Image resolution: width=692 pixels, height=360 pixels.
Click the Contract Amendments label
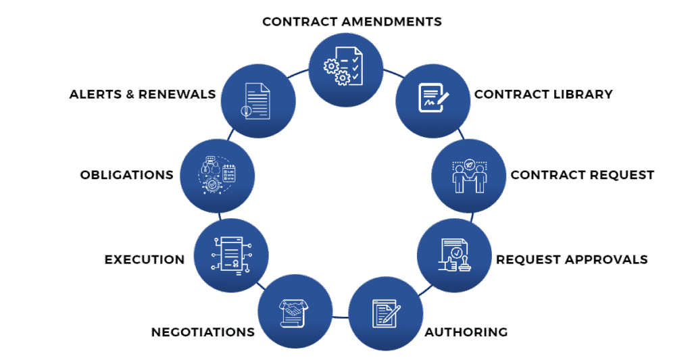click(351, 22)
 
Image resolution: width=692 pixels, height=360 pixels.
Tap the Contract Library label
click(543, 94)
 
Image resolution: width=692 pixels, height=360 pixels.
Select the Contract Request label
click(582, 175)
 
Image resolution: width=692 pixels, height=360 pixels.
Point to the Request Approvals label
click(572, 259)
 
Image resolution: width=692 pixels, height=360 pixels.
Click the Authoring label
click(466, 332)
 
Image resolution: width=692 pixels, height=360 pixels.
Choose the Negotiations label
click(203, 332)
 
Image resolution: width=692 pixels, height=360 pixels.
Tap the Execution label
click(144, 259)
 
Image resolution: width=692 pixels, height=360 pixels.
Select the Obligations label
click(126, 175)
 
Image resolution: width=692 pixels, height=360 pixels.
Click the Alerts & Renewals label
click(143, 94)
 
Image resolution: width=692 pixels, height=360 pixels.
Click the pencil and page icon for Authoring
click(386, 313)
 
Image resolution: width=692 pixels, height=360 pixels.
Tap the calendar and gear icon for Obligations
click(218, 175)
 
